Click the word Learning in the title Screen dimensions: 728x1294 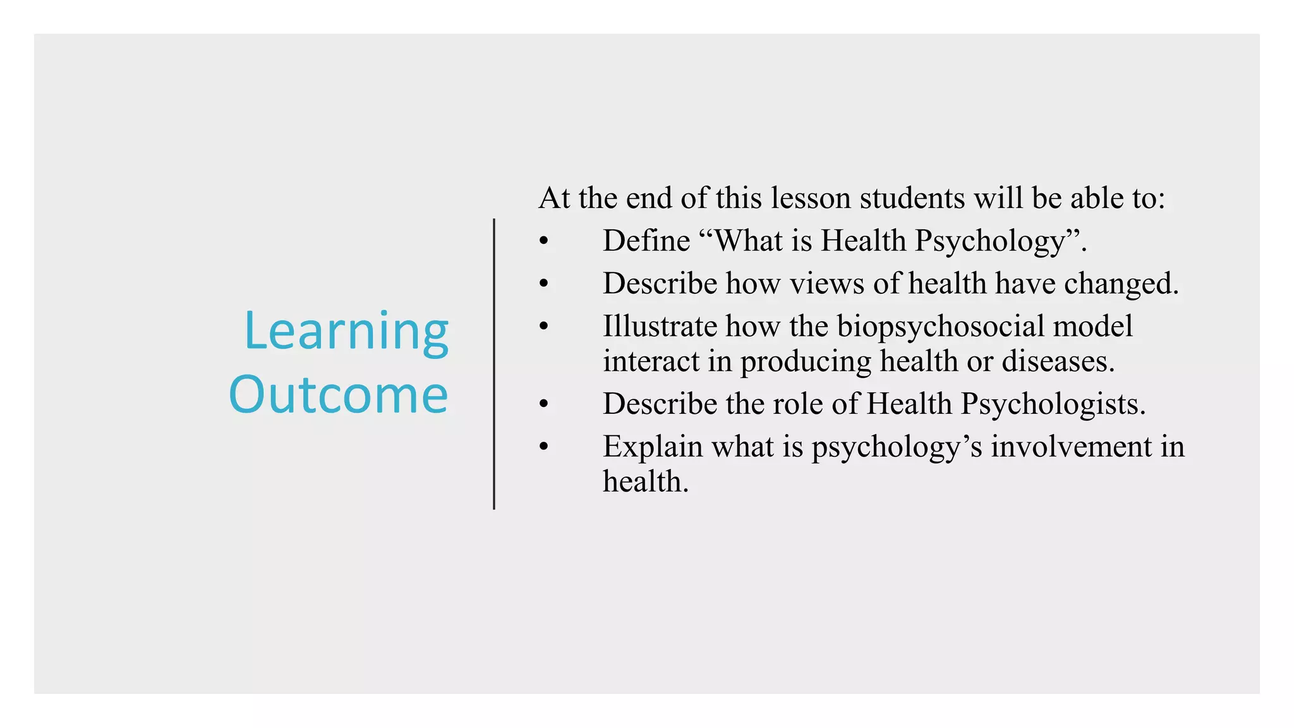coord(346,332)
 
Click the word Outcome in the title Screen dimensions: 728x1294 coord(339,395)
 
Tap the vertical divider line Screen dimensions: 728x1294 coord(494,364)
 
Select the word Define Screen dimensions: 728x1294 coord(646,241)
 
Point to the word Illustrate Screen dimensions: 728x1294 coord(660,327)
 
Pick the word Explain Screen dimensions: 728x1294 coord(653,447)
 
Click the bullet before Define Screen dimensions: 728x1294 coord(544,241)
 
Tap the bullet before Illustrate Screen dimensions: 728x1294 coord(544,327)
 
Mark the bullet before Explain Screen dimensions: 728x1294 coord(544,447)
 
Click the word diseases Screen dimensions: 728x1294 coord(1058,361)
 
